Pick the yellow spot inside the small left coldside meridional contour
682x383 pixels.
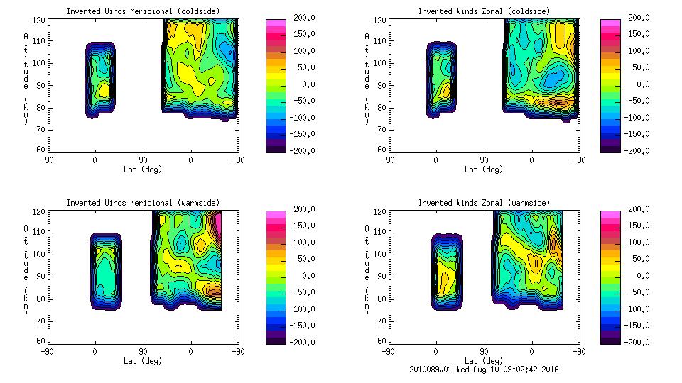pyautogui.click(x=104, y=89)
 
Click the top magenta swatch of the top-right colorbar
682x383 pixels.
pyautogui.click(x=610, y=23)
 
